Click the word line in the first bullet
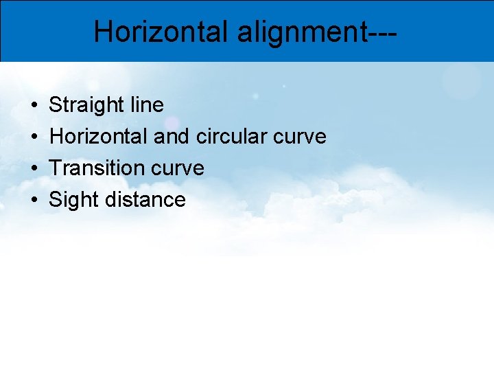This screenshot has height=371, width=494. tap(146, 105)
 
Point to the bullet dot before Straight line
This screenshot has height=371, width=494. tap(34, 106)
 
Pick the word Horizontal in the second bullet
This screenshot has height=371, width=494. tap(99, 137)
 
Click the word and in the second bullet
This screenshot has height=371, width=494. tap(172, 137)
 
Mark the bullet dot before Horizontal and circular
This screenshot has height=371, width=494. tap(34, 137)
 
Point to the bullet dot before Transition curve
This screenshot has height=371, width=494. tap(34, 169)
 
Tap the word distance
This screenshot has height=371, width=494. tap(146, 200)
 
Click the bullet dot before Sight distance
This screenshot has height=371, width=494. tap(34, 201)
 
